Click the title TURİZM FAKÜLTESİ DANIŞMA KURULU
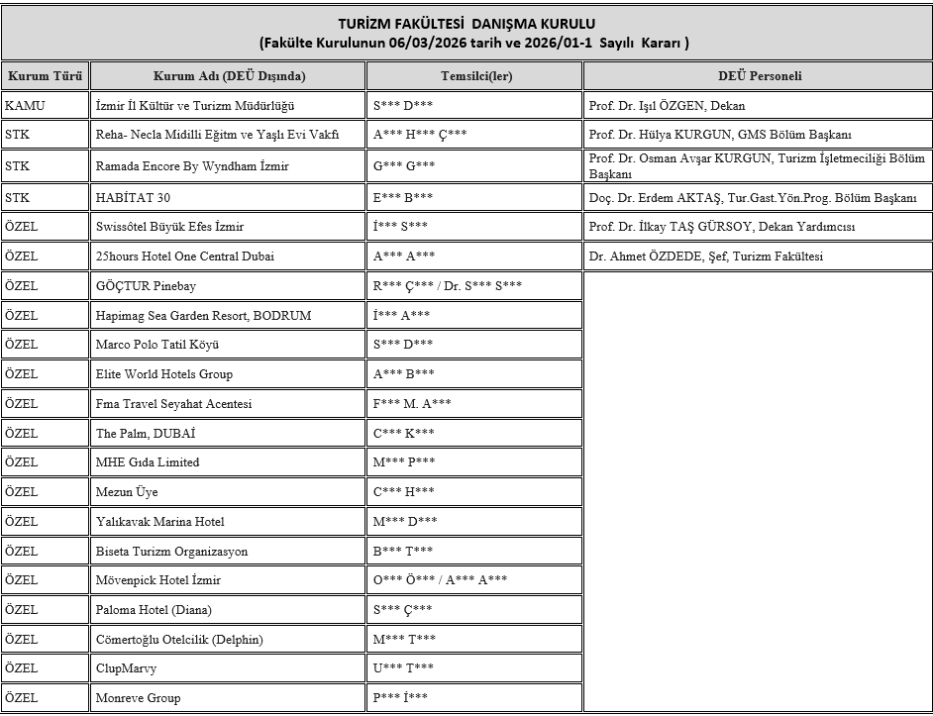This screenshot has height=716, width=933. [x=466, y=23]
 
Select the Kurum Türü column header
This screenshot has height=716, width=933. [x=45, y=76]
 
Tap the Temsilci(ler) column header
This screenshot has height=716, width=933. [x=473, y=76]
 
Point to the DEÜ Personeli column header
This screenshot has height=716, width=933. [x=759, y=76]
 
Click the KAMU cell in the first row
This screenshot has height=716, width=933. [x=25, y=105]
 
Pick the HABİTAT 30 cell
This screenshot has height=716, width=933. [x=133, y=197]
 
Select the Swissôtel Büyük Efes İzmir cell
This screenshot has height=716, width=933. [x=169, y=227]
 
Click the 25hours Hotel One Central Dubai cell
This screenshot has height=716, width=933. [x=185, y=256]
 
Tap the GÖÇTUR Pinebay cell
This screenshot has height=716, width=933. [x=148, y=286]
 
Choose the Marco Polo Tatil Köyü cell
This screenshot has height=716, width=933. [x=156, y=345]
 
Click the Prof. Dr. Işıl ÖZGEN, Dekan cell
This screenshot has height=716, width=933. [x=667, y=105]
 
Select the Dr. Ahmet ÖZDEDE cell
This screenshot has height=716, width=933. [x=705, y=256]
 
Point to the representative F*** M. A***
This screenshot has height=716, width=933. [x=412, y=403]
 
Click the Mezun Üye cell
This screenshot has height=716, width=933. [x=126, y=492]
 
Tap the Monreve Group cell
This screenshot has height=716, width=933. [x=138, y=698]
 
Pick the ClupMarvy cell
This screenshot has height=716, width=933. [x=126, y=668]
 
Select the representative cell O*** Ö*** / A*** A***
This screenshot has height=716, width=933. [x=440, y=580]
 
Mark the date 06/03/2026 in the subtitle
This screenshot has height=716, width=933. [x=415, y=44]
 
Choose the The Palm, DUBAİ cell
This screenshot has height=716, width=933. [x=146, y=433]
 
